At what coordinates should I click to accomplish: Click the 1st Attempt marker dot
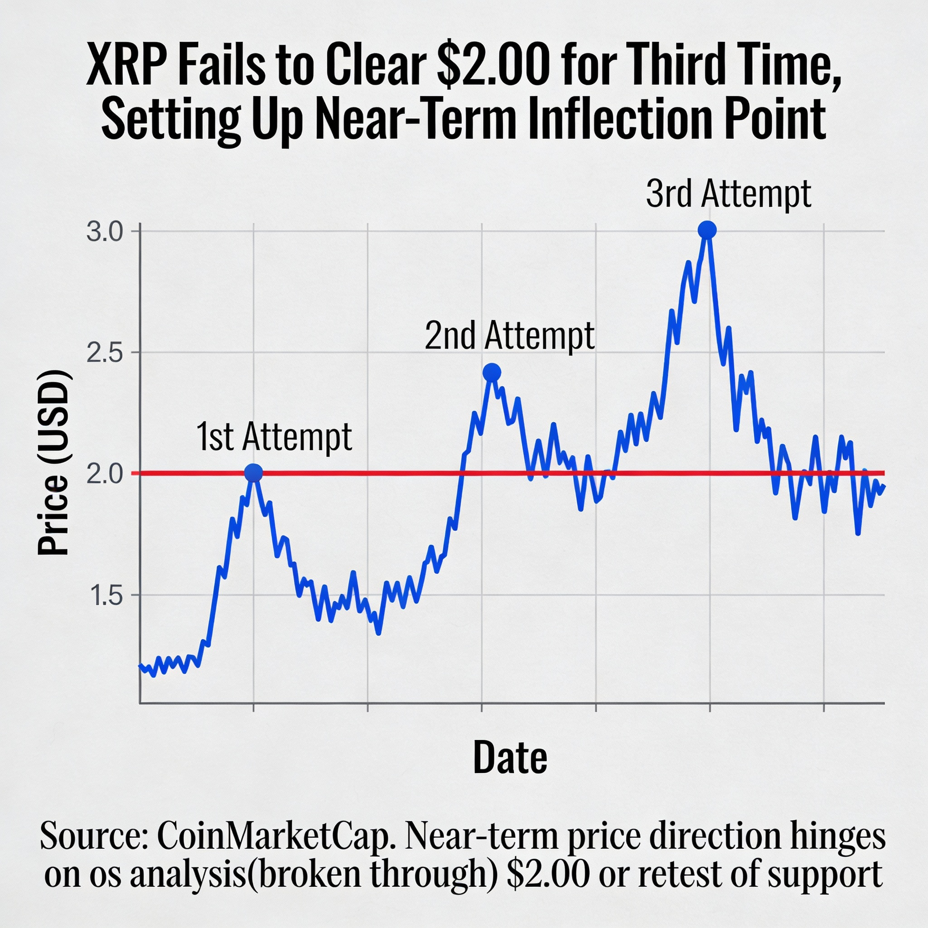[254, 473]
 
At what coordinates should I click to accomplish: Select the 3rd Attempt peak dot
[707, 230]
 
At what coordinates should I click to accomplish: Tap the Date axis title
[510, 758]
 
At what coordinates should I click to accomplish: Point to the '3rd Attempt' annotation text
[728, 194]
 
